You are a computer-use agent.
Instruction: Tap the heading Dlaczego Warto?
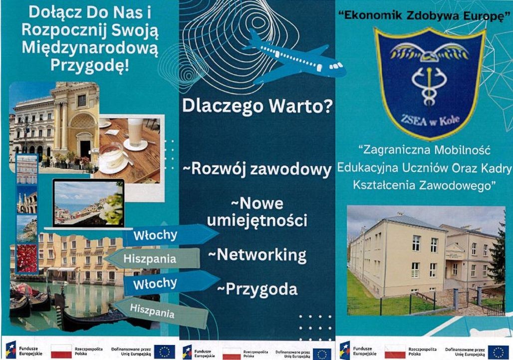tap(257, 106)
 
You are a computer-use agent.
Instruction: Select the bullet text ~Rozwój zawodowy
tap(257, 169)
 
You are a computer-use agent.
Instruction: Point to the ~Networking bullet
tap(257, 255)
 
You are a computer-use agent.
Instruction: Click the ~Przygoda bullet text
tap(257, 289)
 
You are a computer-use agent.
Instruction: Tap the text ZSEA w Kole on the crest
tap(430, 121)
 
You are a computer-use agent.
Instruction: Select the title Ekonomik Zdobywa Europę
tap(424, 15)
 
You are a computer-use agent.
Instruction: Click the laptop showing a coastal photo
tap(88, 204)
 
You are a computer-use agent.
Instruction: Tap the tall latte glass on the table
tap(135, 132)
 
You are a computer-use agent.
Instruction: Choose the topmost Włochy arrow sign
tap(170, 235)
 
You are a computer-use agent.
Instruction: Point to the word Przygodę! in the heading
tap(90, 64)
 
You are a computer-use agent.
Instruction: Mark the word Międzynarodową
tap(90, 47)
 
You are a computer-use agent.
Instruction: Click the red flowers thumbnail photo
tap(27, 258)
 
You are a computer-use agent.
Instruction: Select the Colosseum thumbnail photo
tap(27, 200)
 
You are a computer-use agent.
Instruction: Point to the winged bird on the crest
tap(429, 53)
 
